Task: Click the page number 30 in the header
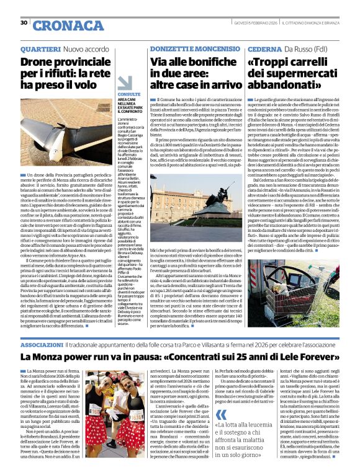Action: (24, 22)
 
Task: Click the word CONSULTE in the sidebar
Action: (128, 94)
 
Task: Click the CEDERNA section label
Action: (266, 48)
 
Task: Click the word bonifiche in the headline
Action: (198, 63)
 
